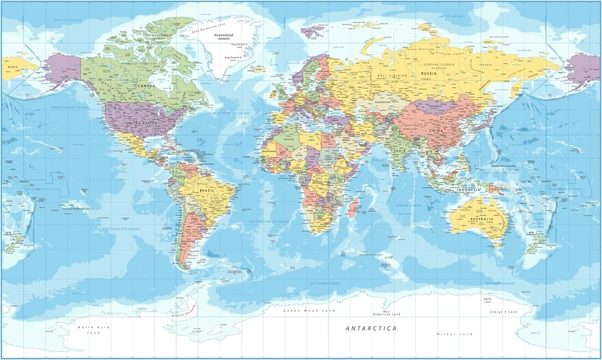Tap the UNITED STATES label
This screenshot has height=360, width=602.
141,123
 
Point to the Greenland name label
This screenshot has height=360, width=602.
224,35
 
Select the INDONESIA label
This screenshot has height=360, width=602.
468,189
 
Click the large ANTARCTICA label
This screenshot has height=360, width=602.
371,328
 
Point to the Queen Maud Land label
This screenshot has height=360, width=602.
309,310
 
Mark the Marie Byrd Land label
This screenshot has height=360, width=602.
93,330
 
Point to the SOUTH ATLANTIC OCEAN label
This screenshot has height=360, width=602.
269,221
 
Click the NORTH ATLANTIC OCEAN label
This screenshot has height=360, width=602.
230,113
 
